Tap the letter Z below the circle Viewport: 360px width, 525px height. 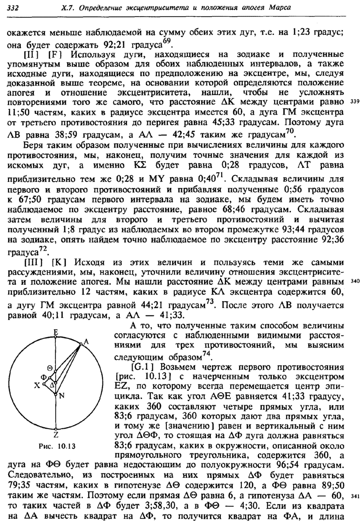(x=56, y=435)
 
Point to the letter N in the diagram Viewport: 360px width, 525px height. (x=62, y=396)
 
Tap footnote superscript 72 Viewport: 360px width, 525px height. (x=50, y=249)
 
